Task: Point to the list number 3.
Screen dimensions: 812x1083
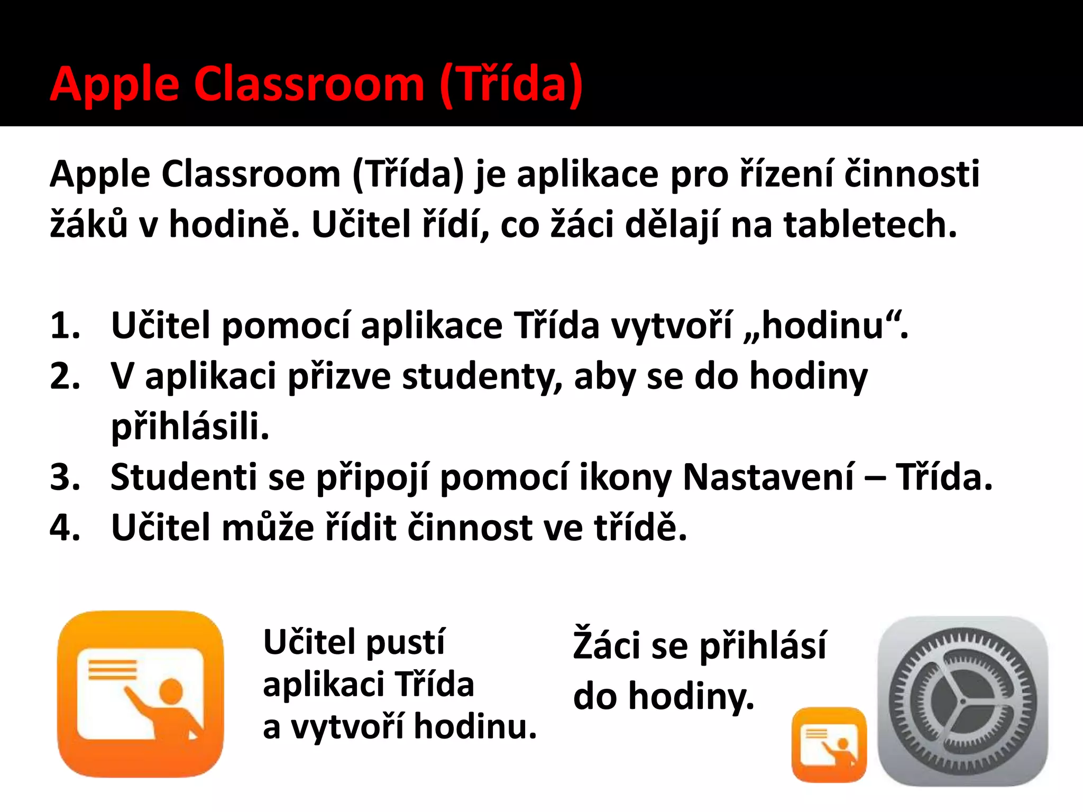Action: tap(65, 477)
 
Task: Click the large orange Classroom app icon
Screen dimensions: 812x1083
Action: tap(140, 694)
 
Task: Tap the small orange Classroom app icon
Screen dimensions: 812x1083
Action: tap(829, 745)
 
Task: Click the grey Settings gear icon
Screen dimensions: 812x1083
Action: tap(963, 701)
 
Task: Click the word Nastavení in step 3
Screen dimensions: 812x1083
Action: tap(768, 477)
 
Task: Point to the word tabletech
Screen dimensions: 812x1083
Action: tap(870, 224)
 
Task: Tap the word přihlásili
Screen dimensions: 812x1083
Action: tap(190, 427)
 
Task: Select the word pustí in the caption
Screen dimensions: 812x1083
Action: tap(406, 642)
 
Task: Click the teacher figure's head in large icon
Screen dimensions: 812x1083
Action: tap(171, 691)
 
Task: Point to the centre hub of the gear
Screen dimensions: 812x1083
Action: tap(962, 702)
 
